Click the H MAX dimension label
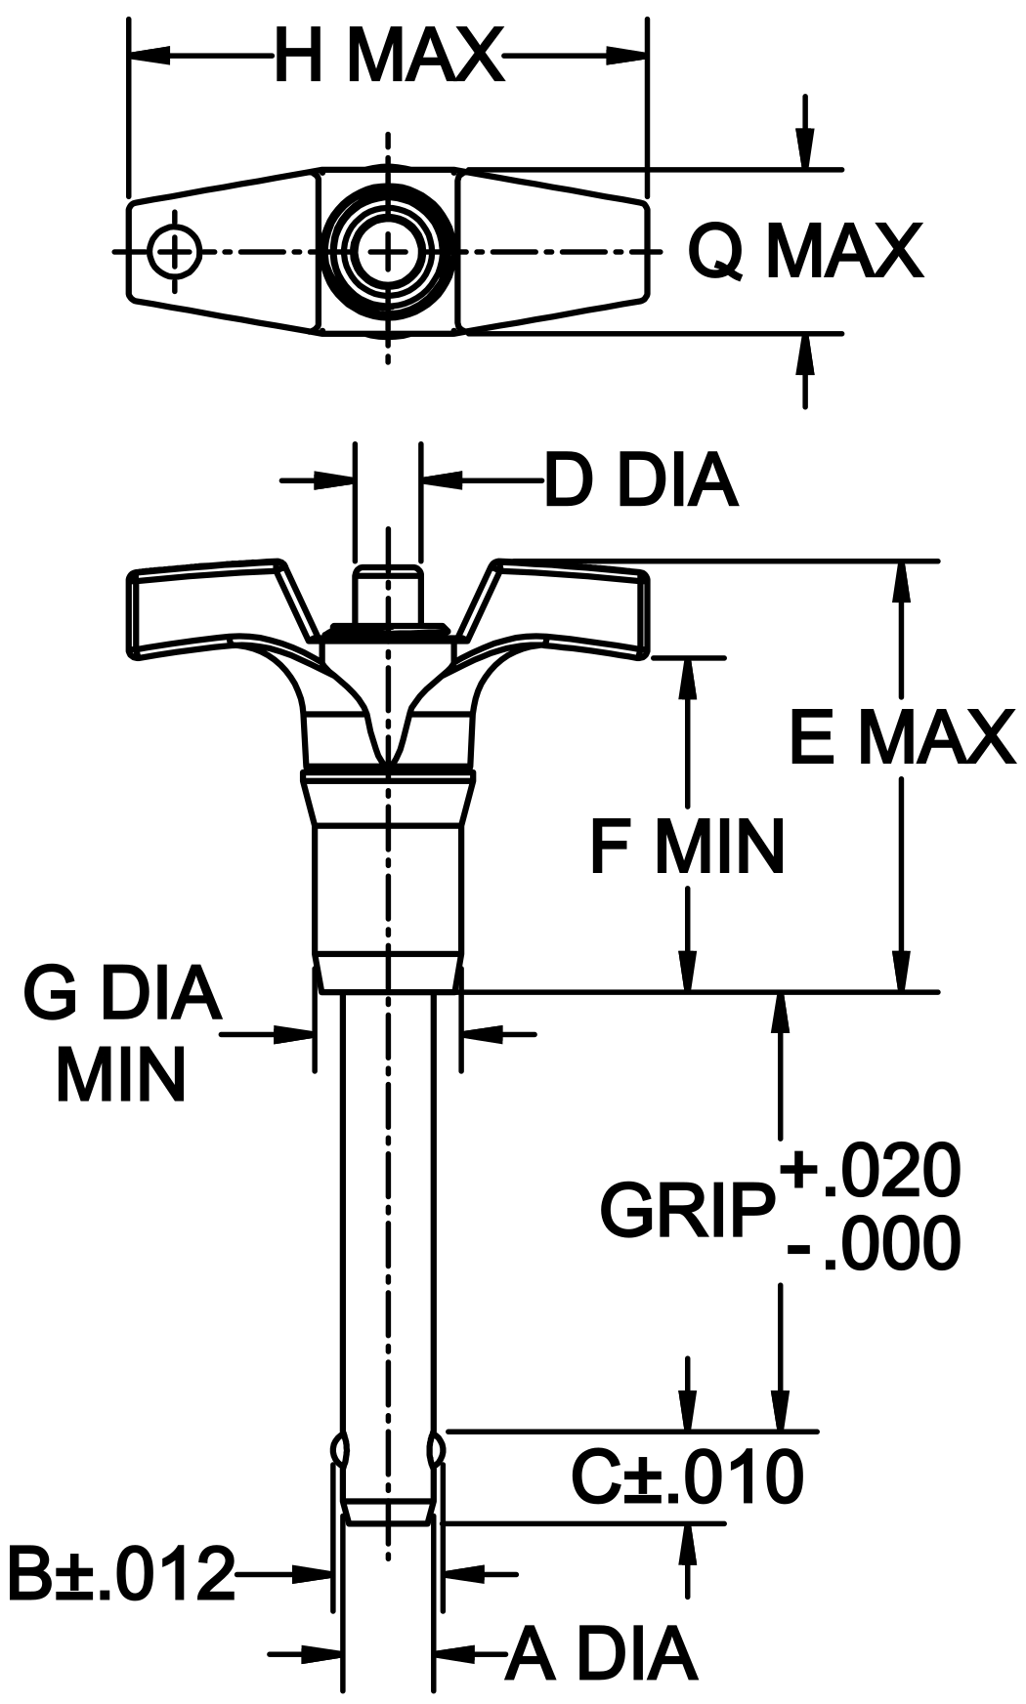tap(388, 56)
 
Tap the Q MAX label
tap(804, 252)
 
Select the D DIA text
tap(640, 480)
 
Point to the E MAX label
tap(901, 737)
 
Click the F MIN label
tap(687, 846)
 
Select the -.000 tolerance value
tap(873, 1245)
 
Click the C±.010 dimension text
tap(687, 1476)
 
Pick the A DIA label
tap(601, 1654)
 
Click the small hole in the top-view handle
tap(174, 252)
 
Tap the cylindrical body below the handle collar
tap(387, 889)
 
